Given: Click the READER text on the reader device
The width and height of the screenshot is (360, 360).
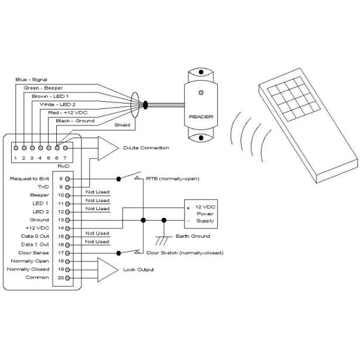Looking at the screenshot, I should click(x=201, y=116).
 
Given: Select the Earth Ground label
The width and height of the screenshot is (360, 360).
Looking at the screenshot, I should click(x=193, y=236).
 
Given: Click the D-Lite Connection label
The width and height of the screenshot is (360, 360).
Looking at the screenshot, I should click(x=146, y=148).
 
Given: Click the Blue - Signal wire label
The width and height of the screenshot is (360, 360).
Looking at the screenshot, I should click(x=31, y=79).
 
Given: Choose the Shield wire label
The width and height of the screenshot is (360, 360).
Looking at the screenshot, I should click(x=122, y=125).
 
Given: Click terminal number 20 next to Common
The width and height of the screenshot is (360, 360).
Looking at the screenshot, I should click(x=60, y=278).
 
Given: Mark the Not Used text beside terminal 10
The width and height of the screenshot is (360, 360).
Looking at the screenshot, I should click(x=97, y=191).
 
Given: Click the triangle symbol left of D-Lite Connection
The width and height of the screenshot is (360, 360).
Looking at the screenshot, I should click(x=107, y=148).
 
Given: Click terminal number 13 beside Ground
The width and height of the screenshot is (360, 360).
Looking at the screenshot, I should click(x=60, y=219).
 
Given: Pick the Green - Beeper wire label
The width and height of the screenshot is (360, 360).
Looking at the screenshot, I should click(x=43, y=87).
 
